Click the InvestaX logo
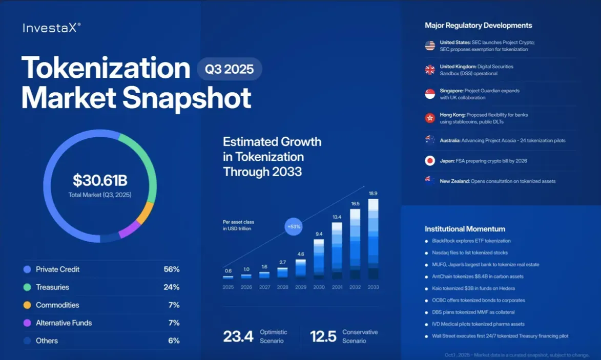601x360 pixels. pos(51,28)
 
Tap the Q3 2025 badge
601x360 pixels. pos(230,69)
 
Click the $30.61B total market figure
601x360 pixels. pos(99,180)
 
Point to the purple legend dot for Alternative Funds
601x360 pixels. pos(27,323)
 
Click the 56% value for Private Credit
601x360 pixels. pos(171,269)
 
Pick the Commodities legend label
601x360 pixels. pos(57,305)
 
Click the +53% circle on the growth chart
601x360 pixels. pos(294,226)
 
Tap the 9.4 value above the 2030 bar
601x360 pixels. pos(319,234)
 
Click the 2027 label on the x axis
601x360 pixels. pos(264,287)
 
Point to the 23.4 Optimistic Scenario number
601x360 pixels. pos(238,336)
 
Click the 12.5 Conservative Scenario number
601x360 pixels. pos(323,336)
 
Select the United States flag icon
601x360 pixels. pos(430,46)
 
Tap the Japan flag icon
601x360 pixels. pos(430,161)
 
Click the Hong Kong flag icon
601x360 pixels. pos(430,118)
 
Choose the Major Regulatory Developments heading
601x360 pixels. pos(478,25)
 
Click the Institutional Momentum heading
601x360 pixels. pos(465,229)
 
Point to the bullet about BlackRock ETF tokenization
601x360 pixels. pos(471,241)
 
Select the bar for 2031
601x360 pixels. pos(337,251)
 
